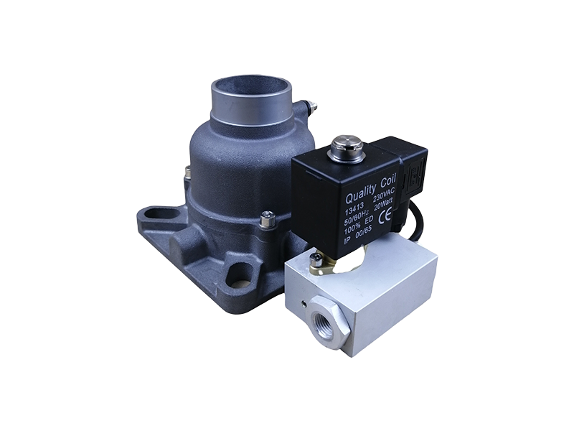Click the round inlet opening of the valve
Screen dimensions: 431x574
point(253,93)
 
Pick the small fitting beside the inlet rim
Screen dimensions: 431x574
point(311,108)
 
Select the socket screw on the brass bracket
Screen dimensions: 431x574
point(313,256)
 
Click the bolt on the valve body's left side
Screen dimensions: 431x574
point(187,172)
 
